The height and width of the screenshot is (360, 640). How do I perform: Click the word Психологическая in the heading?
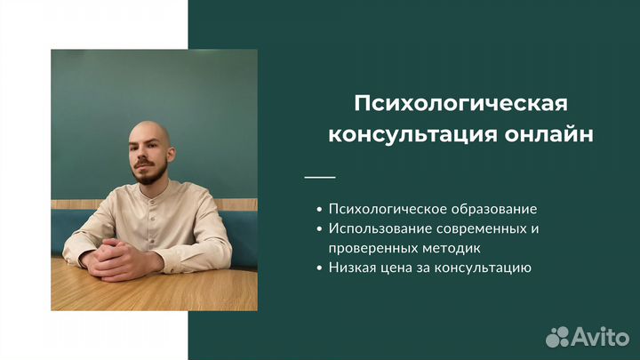[x=460, y=104]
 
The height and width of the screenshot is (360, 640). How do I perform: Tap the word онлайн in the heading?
[x=548, y=134]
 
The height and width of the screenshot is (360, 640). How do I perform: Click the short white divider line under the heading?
[x=320, y=177]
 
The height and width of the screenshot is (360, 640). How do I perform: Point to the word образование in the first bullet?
[x=494, y=209]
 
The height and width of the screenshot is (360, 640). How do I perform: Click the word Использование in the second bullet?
[x=380, y=228]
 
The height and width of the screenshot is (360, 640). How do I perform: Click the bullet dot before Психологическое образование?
[x=320, y=210]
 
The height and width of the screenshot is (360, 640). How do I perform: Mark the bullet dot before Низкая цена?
[x=320, y=268]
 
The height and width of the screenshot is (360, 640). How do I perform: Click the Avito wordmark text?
[x=600, y=337]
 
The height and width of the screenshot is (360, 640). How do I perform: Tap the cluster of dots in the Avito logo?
[x=557, y=337]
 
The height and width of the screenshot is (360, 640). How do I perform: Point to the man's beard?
[x=149, y=172]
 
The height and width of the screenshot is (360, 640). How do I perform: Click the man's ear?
[x=171, y=155]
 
